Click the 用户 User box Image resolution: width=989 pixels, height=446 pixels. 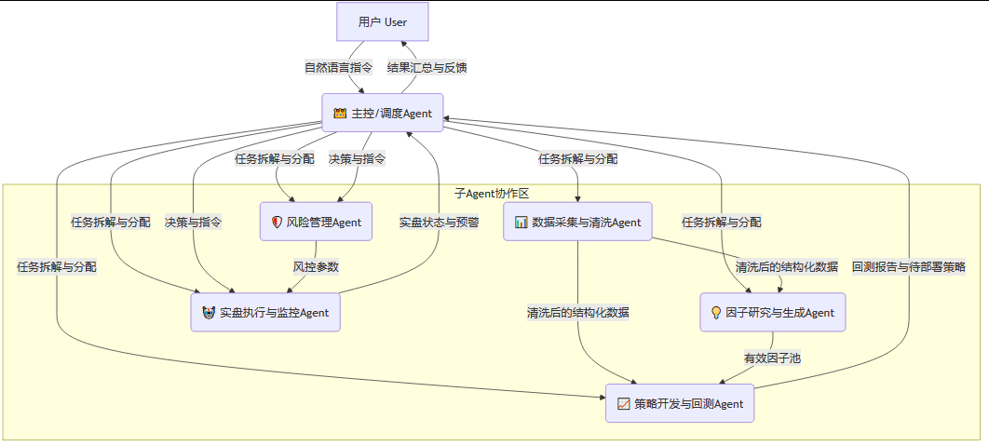382,21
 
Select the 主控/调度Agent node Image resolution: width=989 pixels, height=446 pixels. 383,114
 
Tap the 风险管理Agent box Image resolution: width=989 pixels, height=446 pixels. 317,222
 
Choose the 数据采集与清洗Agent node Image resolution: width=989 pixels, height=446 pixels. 577,222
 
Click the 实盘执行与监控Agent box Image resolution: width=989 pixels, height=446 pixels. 265,312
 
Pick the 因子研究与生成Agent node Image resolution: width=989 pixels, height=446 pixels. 772,312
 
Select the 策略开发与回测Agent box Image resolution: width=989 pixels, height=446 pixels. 679,403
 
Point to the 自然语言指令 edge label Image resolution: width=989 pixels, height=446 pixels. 338,67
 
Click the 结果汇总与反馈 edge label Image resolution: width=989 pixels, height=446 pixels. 427,67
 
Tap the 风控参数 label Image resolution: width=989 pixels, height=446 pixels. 316,266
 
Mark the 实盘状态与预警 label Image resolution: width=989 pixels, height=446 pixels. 439,222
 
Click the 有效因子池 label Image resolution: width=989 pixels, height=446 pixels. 772,358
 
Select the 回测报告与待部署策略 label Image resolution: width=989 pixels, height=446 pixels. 909,266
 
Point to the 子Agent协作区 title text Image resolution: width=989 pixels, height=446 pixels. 491,192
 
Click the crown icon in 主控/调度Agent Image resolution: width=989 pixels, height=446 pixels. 340,114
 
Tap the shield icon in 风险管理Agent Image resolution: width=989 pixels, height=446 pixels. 276,222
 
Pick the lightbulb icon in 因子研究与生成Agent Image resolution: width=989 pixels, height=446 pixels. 715,312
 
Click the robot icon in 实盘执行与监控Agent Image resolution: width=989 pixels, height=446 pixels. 207,312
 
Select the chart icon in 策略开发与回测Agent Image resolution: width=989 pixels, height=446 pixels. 624,403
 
